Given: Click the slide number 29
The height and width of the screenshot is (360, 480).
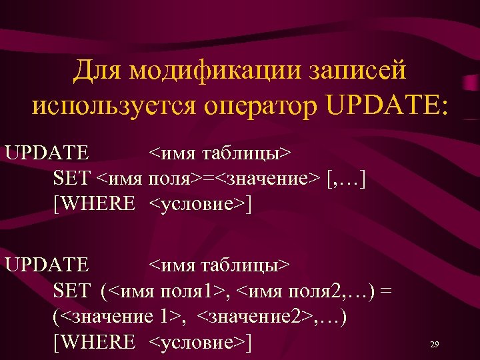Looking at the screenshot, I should [434, 345].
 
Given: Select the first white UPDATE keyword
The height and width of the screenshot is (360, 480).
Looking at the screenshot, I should [47, 153].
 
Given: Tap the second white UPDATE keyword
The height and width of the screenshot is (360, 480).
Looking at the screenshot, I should [47, 265].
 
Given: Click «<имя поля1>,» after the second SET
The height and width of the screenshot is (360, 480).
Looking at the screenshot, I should [173, 291].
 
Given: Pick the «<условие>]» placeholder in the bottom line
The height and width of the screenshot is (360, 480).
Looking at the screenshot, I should [200, 342].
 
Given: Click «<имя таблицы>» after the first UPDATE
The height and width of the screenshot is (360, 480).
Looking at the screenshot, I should [219, 153].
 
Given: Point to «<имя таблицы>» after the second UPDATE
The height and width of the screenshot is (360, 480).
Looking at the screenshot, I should [219, 265].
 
